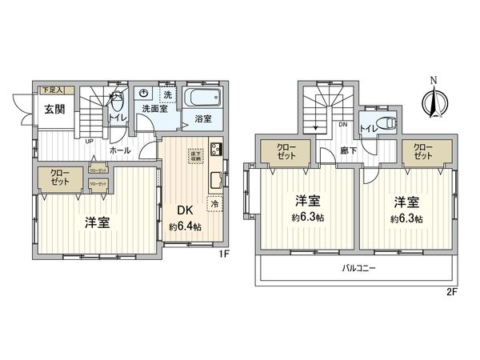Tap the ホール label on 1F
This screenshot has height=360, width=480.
[121, 150]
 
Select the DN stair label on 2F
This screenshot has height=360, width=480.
[342, 124]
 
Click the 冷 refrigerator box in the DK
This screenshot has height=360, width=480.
[214, 203]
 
